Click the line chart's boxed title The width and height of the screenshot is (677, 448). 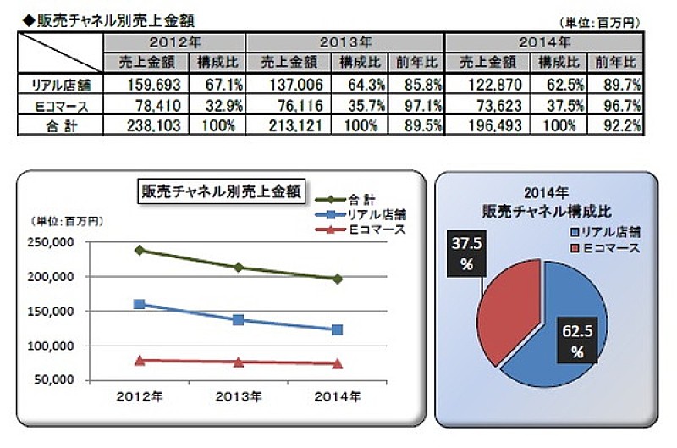click(223, 191)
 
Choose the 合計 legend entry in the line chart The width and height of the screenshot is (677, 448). click(349, 199)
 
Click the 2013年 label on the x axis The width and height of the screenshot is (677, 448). click(239, 396)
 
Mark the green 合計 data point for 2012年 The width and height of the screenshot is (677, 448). click(139, 250)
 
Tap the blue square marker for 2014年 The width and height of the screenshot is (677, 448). click(338, 329)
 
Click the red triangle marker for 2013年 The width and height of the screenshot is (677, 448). click(239, 362)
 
